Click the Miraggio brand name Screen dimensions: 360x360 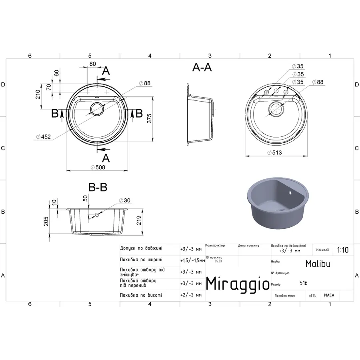pyautogui.click(x=238, y=284)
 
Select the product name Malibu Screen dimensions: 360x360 pyautogui.click(x=318, y=264)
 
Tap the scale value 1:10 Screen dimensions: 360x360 pyautogui.click(x=343, y=250)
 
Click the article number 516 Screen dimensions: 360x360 pyautogui.click(x=304, y=283)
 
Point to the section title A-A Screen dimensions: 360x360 pyautogui.click(x=202, y=68)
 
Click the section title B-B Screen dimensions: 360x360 pyautogui.click(x=98, y=187)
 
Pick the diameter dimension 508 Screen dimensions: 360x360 pyautogui.click(x=98, y=167)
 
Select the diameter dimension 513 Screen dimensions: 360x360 pyautogui.click(x=276, y=152)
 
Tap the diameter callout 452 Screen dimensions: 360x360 pyautogui.click(x=43, y=137)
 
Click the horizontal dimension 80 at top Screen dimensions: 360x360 pyautogui.click(x=92, y=64)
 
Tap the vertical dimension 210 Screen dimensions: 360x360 pyautogui.click(x=38, y=94)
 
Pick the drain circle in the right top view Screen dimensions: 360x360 pyautogui.click(x=276, y=108)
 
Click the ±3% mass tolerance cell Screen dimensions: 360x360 pyautogui.click(x=312, y=296)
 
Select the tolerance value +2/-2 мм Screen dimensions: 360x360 pyautogui.click(x=191, y=295)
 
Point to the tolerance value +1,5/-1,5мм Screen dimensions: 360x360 pyautogui.click(x=192, y=260)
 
